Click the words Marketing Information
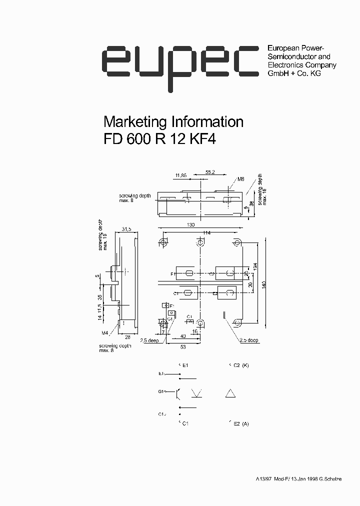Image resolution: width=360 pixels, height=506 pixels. [x=173, y=122]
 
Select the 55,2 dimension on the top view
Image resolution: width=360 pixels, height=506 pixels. [x=210, y=172]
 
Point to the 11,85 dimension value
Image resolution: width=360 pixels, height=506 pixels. [x=181, y=175]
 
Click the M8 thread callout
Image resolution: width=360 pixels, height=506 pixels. [x=240, y=179]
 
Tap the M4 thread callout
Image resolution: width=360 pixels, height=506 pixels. [x=105, y=332]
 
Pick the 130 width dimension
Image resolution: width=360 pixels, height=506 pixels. [x=191, y=225]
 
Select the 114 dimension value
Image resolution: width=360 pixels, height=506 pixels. [x=207, y=233]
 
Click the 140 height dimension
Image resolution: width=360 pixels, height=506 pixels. [x=263, y=285]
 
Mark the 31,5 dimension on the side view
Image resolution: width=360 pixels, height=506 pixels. [x=126, y=229]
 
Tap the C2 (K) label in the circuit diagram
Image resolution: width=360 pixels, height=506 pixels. [x=240, y=365]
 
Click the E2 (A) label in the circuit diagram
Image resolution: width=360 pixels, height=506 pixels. [x=240, y=424]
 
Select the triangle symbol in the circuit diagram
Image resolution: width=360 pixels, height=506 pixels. [x=231, y=393]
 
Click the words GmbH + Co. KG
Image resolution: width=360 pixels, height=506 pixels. [x=294, y=73]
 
